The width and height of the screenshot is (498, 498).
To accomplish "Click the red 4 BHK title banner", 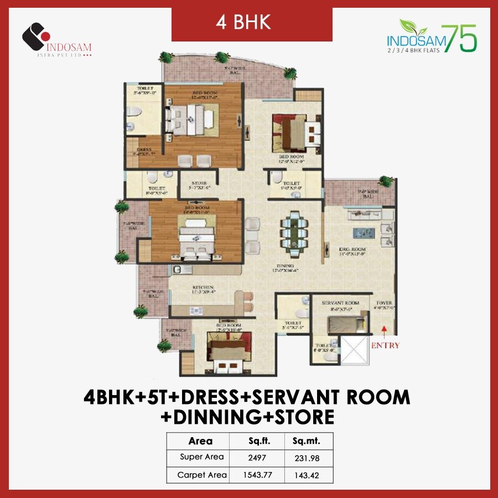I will pos(251,23).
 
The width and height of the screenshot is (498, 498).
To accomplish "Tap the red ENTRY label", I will pos(385,345).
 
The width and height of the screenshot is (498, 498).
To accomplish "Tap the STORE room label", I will pos(199,183).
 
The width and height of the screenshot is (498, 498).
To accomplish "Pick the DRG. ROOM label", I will pos(354,250).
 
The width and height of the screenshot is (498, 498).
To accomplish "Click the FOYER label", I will pos(384,303).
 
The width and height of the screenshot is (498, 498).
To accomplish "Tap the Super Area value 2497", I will pos(257,457).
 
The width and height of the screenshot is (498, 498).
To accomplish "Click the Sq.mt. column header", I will pos(305,441).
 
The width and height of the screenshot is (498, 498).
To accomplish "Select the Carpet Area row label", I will pos(202,475).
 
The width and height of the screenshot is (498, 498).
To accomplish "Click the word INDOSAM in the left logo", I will pos(70,47).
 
